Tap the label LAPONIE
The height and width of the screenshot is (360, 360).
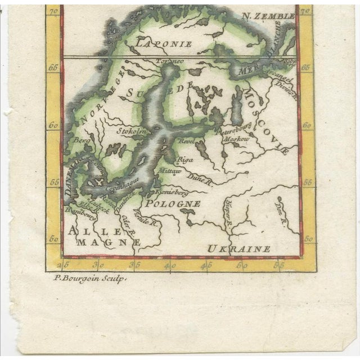[163, 43]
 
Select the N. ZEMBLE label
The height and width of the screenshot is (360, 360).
[268, 16]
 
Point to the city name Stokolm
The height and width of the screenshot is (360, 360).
[131, 131]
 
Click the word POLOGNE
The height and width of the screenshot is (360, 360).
[173, 203]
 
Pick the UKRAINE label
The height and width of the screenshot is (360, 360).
[238, 248]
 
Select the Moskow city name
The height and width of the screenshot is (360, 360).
[236, 138]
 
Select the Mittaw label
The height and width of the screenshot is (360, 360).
[169, 170]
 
